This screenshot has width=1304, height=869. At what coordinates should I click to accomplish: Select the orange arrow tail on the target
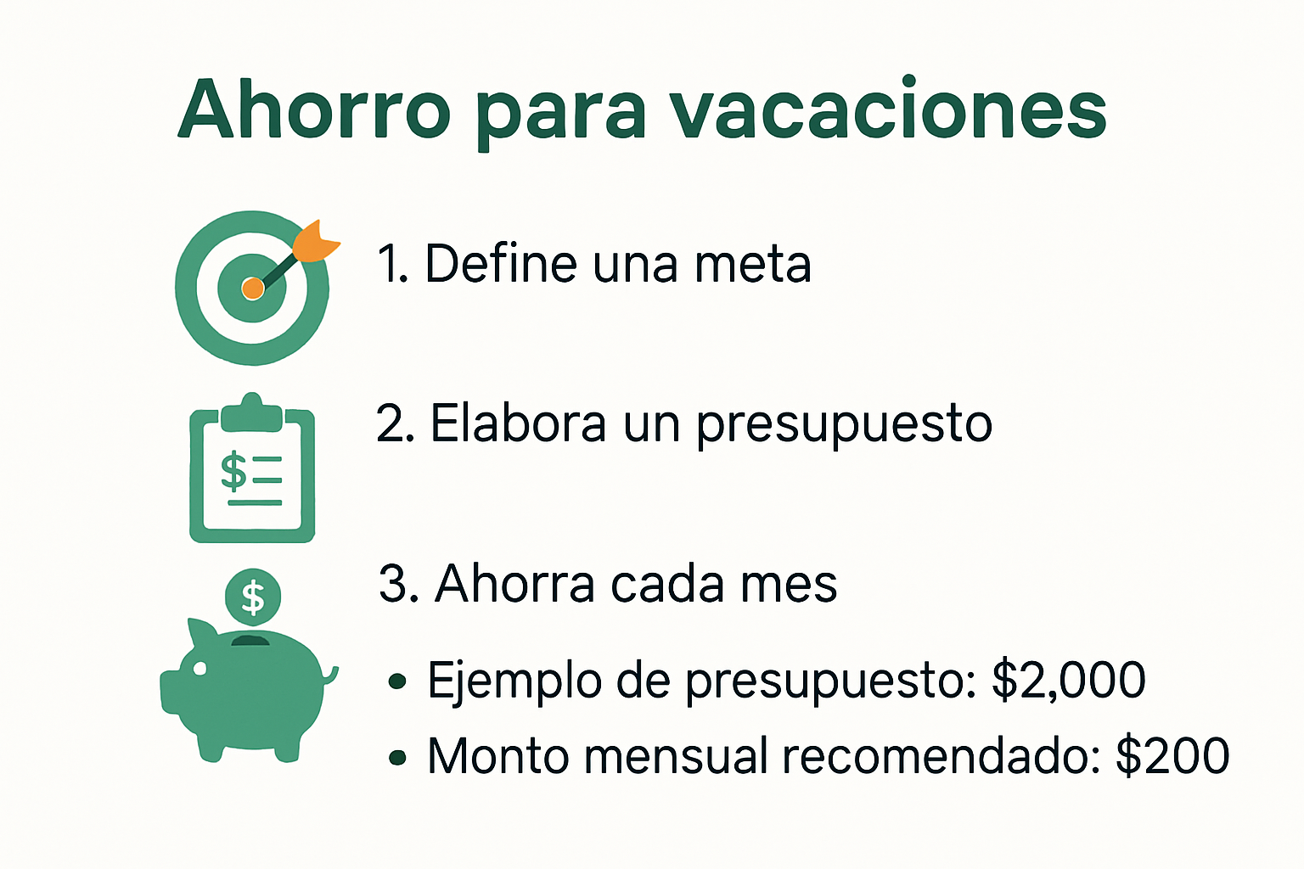[317, 239]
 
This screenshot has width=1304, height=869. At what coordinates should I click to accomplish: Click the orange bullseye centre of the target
[252, 289]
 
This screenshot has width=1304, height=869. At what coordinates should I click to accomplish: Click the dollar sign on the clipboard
[233, 471]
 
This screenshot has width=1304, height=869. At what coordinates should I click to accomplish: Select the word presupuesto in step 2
[844, 424]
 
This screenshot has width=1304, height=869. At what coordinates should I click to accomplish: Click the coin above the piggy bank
[253, 597]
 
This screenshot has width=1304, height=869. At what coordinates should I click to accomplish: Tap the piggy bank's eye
[200, 668]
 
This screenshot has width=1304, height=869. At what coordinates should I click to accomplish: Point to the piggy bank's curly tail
[329, 676]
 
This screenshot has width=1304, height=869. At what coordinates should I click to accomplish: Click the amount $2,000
[1069, 680]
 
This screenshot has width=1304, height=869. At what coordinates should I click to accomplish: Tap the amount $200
[1172, 756]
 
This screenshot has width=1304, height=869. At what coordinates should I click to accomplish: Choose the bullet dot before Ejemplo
[396, 681]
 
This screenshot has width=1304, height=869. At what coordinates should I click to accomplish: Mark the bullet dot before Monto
[396, 758]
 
